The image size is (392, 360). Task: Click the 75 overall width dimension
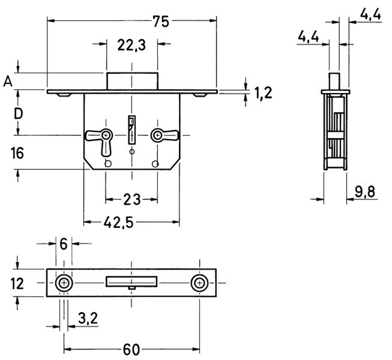click(x=161, y=21)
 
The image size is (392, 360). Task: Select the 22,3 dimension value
click(x=131, y=45)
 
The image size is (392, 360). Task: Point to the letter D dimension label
click(x=18, y=114)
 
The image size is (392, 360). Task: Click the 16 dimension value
click(x=17, y=153)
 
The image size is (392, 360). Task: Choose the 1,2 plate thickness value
click(x=263, y=93)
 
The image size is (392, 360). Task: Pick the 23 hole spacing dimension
click(x=132, y=200)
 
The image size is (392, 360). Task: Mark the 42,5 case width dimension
click(x=119, y=222)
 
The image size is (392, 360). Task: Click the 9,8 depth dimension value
click(x=365, y=192)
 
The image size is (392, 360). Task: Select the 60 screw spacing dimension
click(x=131, y=349)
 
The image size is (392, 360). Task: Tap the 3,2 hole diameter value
click(x=88, y=318)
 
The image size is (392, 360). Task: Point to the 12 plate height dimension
click(x=17, y=284)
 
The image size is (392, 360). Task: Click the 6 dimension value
click(x=64, y=244)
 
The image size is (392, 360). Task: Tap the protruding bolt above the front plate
click(x=132, y=81)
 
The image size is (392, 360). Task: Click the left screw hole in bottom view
click(x=64, y=283)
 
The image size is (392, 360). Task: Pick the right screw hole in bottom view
click(x=200, y=283)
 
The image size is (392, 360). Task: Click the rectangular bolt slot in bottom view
click(x=132, y=281)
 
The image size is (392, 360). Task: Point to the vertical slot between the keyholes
click(x=132, y=130)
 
